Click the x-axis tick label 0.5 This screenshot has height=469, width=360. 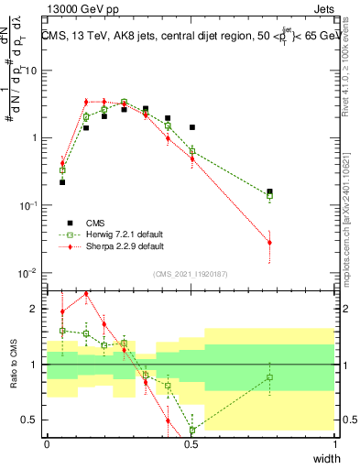click(191, 442)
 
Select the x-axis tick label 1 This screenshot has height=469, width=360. click(335, 442)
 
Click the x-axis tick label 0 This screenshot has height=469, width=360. click(47, 442)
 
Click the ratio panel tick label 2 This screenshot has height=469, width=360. click(37, 309)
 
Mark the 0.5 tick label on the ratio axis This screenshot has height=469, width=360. click(33, 420)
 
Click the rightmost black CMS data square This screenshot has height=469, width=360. click(269, 191)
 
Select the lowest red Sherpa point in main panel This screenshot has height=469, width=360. click(269, 242)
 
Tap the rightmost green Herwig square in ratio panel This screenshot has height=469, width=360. click(269, 377)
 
